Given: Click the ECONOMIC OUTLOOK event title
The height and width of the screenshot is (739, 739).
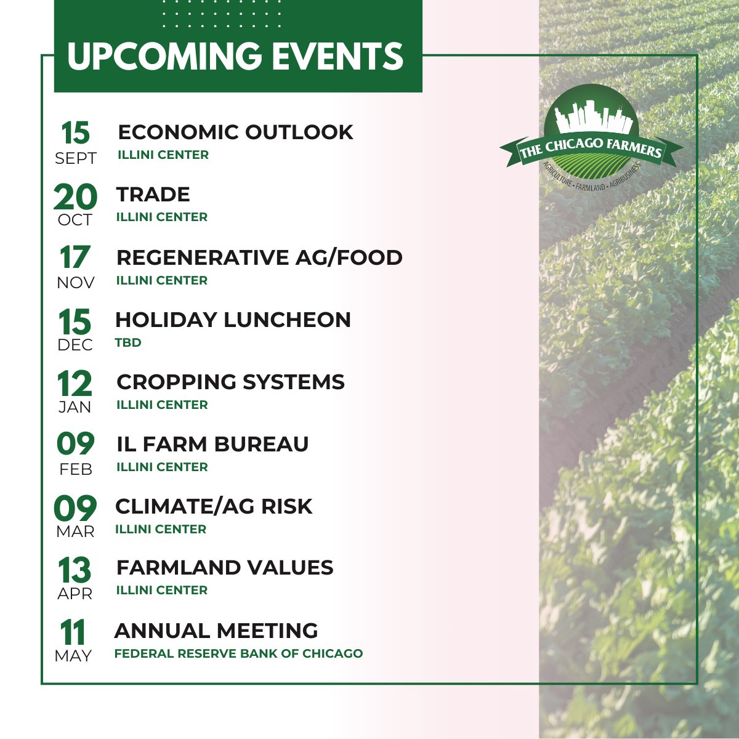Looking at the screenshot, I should pyautogui.click(x=235, y=132).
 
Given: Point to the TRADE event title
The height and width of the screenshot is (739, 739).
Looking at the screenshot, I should pyautogui.click(x=153, y=195).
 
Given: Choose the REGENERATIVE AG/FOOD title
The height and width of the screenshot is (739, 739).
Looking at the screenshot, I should pyautogui.click(x=259, y=257).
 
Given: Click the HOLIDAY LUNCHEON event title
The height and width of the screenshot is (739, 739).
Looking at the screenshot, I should pyautogui.click(x=233, y=320).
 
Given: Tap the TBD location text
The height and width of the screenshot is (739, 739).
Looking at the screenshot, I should pyautogui.click(x=128, y=342).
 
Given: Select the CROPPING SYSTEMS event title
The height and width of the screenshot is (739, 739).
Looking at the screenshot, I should pyautogui.click(x=230, y=382).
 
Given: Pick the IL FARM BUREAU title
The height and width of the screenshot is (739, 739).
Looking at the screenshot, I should pyautogui.click(x=212, y=444).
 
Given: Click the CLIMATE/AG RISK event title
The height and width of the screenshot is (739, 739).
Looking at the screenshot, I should pyautogui.click(x=214, y=506).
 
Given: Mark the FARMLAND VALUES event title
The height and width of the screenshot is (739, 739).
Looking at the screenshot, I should pyautogui.click(x=225, y=567).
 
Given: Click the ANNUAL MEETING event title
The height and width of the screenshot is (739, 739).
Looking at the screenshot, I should pyautogui.click(x=216, y=631).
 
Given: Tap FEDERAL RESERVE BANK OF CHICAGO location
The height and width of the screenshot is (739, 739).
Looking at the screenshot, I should pyautogui.click(x=238, y=653).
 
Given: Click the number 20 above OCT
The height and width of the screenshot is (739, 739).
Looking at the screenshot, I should pyautogui.click(x=75, y=197).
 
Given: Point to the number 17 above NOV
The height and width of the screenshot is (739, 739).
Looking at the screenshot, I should pyautogui.click(x=75, y=258).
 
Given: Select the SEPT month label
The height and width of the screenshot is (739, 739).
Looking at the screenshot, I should pyautogui.click(x=76, y=158).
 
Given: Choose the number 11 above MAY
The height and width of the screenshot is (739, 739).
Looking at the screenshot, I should pyautogui.click(x=73, y=632).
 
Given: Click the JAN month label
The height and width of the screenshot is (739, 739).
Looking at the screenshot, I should pyautogui.click(x=75, y=407).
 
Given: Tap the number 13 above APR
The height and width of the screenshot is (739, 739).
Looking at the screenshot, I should pyautogui.click(x=75, y=570).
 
